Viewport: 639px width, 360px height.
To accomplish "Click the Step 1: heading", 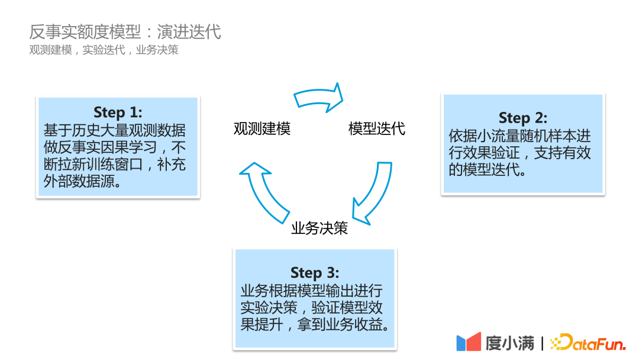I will tap(118, 112).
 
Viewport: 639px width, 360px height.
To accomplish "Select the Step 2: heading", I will tap(523, 117).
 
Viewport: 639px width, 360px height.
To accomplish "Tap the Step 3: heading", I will tap(315, 272).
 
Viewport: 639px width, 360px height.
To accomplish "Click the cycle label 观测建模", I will tap(262, 128).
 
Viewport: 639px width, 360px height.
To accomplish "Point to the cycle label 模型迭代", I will tap(377, 128).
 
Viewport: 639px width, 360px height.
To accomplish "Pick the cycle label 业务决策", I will tap(319, 229).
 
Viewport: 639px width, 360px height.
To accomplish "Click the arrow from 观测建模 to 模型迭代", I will tap(319, 97).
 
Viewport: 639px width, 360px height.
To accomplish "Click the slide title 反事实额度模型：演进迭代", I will tap(125, 31).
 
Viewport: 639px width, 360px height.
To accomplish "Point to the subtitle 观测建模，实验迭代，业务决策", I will tap(104, 50).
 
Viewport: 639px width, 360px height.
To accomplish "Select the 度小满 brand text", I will tap(509, 343).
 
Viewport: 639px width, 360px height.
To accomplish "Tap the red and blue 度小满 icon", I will tap(469, 342).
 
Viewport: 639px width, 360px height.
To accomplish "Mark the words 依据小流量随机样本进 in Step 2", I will tap(519, 136).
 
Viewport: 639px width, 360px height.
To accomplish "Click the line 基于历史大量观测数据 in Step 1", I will tap(114, 130).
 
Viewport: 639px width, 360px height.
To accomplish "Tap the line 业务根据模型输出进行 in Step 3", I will tap(311, 290).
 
